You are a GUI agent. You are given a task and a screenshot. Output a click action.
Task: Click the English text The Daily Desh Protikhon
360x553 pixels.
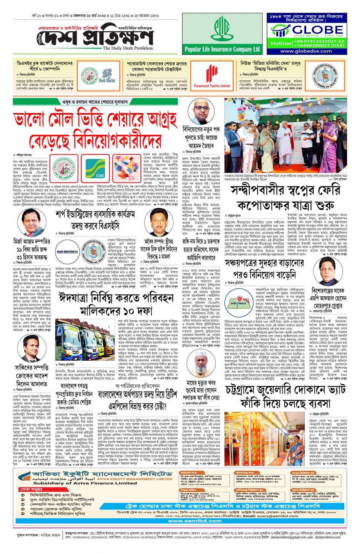(x=128, y=48)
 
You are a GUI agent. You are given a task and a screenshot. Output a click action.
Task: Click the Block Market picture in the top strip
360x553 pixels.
(x=107, y=75)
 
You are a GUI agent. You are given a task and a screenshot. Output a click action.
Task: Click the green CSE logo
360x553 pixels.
(x=100, y=167)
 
